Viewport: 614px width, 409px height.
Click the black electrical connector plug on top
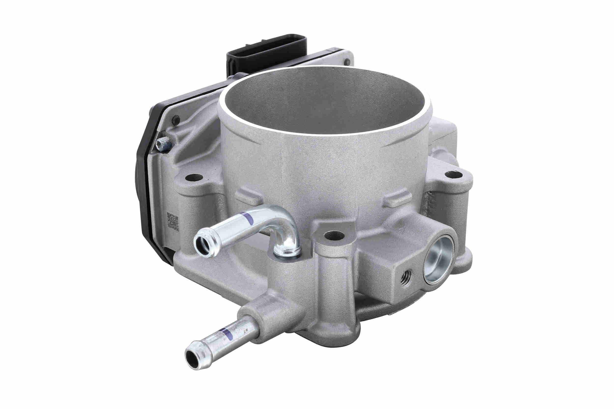(266, 54)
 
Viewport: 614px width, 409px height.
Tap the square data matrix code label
(172, 221)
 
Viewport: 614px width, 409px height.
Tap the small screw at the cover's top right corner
(347, 62)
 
